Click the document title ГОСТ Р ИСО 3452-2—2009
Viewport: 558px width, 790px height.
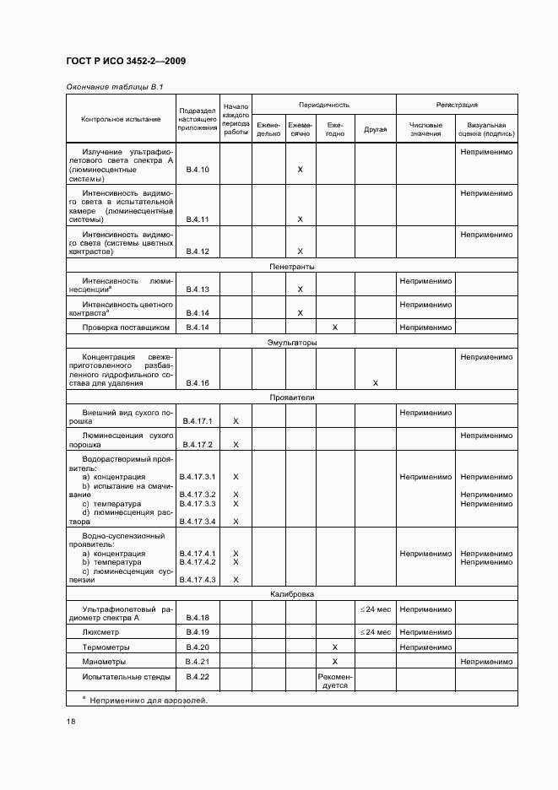pyautogui.click(x=126, y=62)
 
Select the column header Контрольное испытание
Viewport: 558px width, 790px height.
pyautogui.click(x=121, y=119)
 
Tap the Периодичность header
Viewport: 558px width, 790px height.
pyautogui.click(x=323, y=105)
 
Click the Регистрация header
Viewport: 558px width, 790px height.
pyautogui.click(x=456, y=105)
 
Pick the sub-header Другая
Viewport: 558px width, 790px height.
pyautogui.click(x=375, y=129)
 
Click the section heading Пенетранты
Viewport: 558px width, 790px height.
pyautogui.click(x=292, y=267)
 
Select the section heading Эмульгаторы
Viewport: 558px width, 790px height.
pyautogui.click(x=292, y=343)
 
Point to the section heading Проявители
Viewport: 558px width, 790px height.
pyautogui.click(x=292, y=396)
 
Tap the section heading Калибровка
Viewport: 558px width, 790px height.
pyautogui.click(x=292, y=594)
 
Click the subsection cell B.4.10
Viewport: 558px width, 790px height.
pyautogui.click(x=198, y=170)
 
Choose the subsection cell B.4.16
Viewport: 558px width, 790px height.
pyautogui.click(x=198, y=383)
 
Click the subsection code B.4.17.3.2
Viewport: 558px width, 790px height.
pyautogui.click(x=198, y=495)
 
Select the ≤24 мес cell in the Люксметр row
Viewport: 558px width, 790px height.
pyautogui.click(x=375, y=631)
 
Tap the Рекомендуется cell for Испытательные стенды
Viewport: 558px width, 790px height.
pyautogui.click(x=334, y=681)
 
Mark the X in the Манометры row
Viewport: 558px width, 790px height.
pyautogui.click(x=334, y=662)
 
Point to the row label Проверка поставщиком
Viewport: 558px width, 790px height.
pyautogui.click(x=127, y=327)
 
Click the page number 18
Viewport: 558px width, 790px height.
pyautogui.click(x=71, y=722)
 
